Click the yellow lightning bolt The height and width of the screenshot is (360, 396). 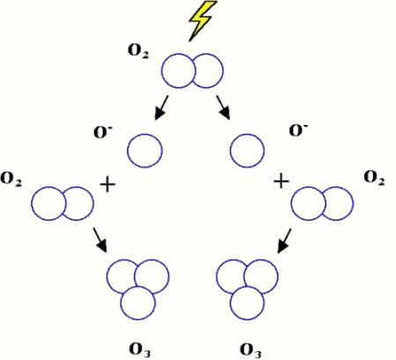coord(202,20)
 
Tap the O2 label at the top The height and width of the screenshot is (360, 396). coord(138,51)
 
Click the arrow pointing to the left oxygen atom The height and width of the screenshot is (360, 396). coord(161,107)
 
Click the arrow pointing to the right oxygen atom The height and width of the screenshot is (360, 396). coord(224,107)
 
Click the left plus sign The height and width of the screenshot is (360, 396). coord(108,185)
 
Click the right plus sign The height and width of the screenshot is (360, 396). coord(282,181)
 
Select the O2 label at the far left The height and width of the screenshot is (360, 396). coord(11,179)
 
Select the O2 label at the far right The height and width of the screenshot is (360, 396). coord(374,177)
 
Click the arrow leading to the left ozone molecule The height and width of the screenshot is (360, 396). coord(99,239)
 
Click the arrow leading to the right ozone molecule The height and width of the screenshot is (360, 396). coord(284,240)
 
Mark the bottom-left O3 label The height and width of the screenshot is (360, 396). coord(140,349)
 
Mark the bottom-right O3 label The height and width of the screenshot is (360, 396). coord(251,350)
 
